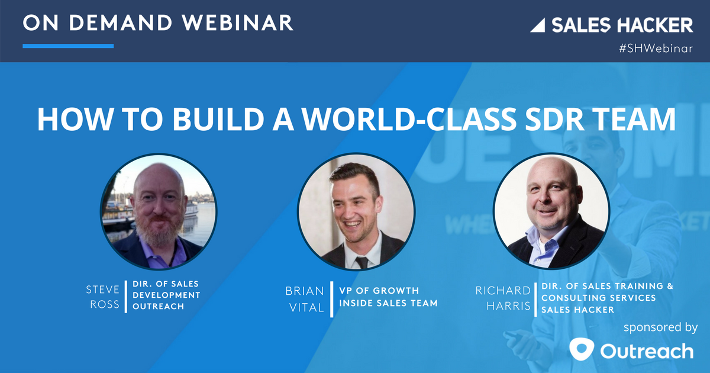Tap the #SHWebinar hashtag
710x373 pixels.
[656, 49]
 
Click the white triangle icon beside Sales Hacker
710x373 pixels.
[538, 25]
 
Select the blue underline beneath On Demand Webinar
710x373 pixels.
[68, 46]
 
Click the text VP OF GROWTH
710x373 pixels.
[379, 291]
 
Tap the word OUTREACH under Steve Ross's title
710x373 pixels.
[158, 306]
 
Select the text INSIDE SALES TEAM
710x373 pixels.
[388, 303]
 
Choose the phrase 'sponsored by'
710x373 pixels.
[660, 327]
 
